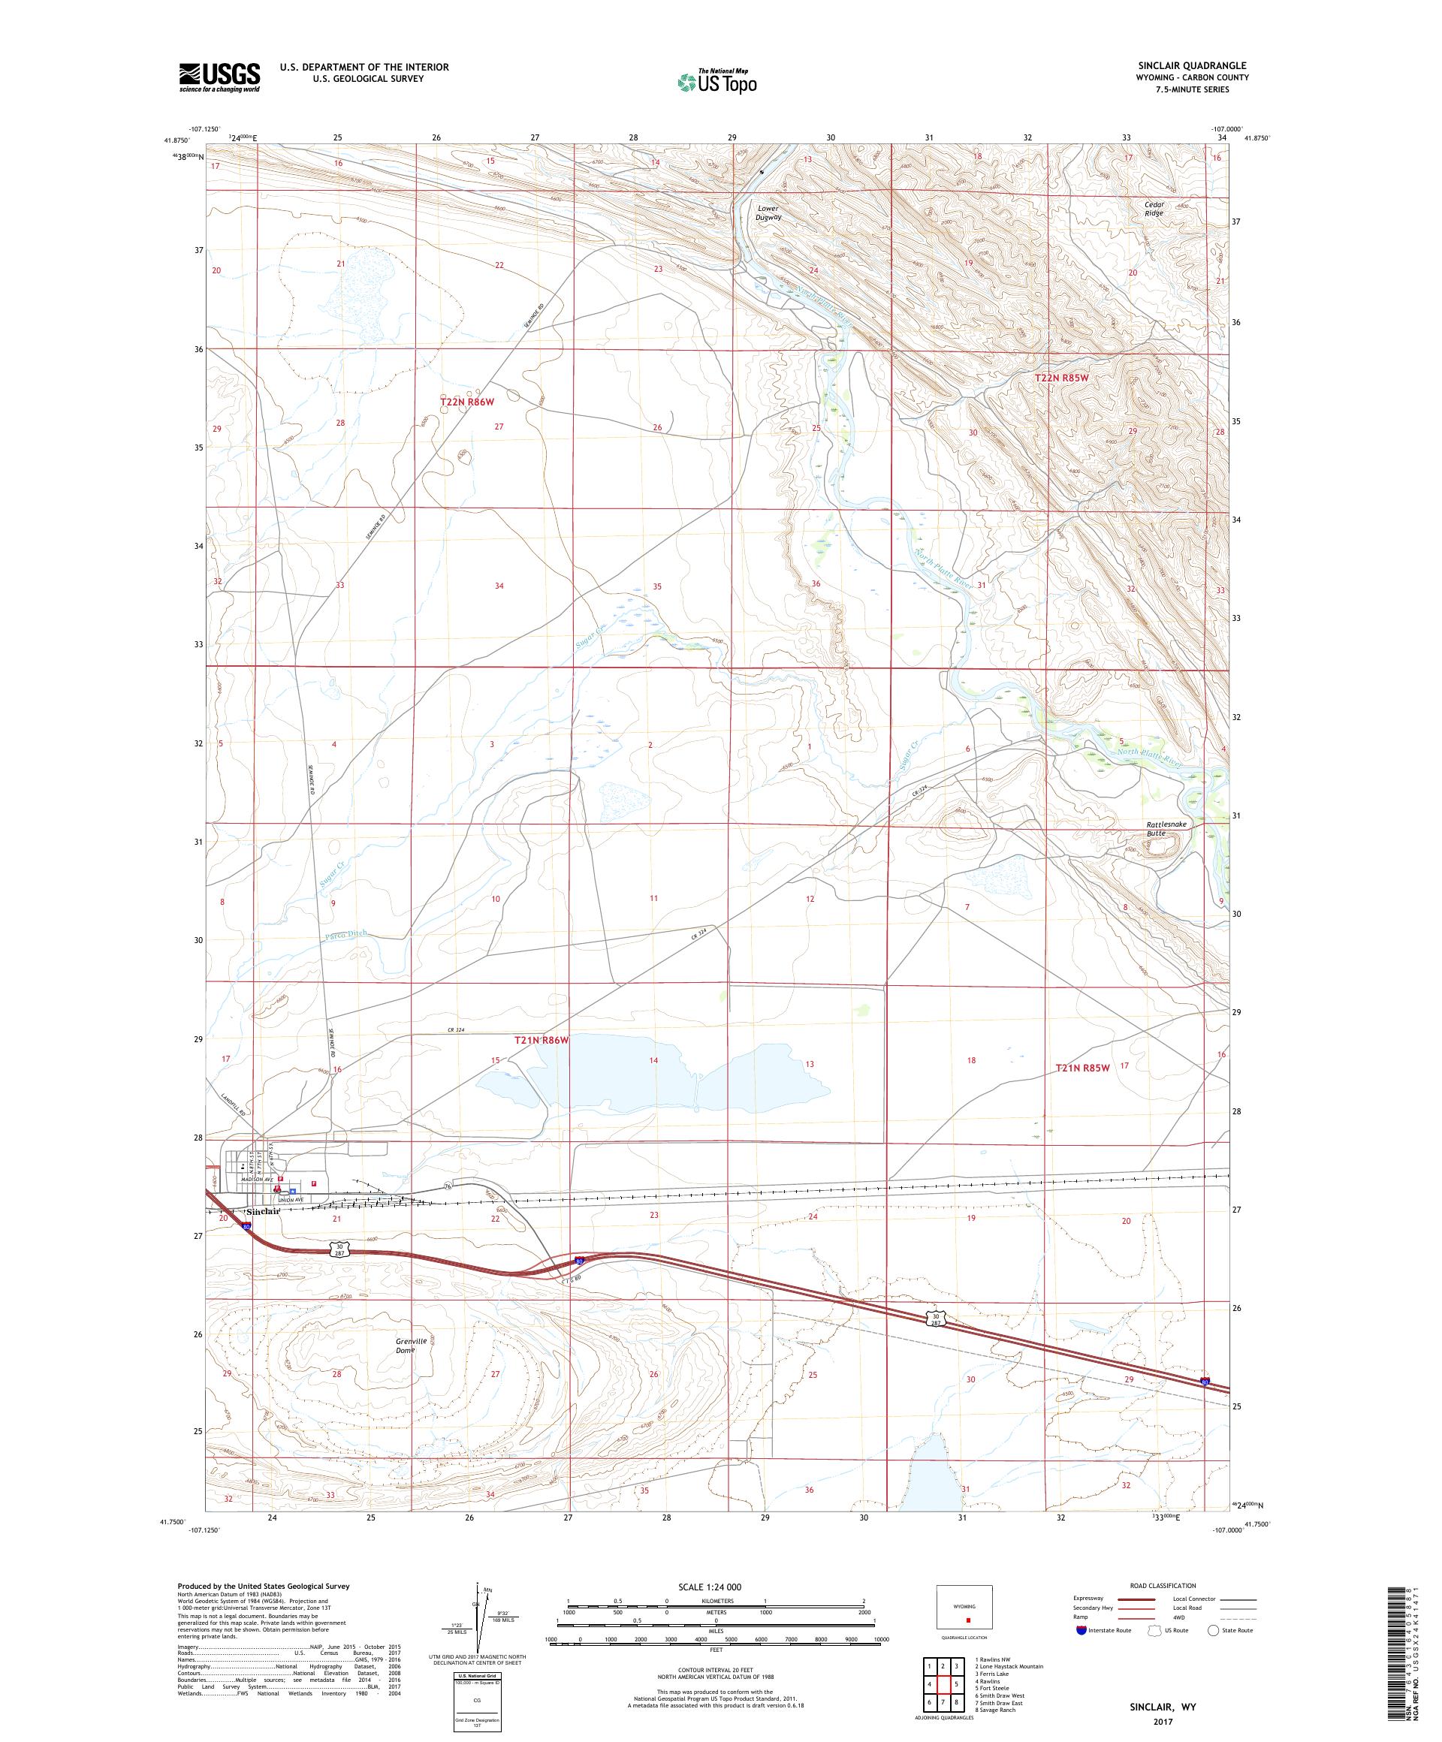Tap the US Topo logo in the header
tap(718, 81)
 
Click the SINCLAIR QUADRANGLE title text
tap(1190, 65)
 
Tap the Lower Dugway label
tap(768, 212)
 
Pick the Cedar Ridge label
tap(1154, 208)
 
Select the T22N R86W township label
tap(467, 402)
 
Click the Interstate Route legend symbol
tap(1080, 1630)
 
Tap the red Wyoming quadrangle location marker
tap(967, 1619)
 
